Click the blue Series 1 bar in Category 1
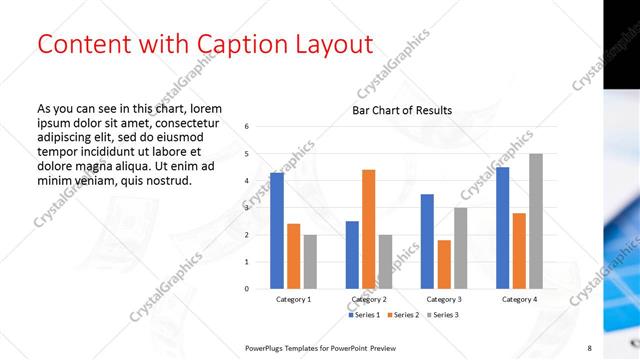click(x=277, y=231)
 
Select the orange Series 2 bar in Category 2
click(x=368, y=229)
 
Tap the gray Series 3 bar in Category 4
click(x=536, y=221)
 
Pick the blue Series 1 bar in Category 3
click(x=427, y=241)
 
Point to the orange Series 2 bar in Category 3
click(x=443, y=264)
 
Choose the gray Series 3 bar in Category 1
click(x=310, y=261)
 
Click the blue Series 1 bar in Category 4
click(x=502, y=228)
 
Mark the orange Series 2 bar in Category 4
click(x=519, y=250)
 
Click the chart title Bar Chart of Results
click(x=401, y=110)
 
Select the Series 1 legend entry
click(x=364, y=315)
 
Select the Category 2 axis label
click(x=369, y=299)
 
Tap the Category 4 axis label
click(x=519, y=299)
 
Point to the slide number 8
click(x=590, y=347)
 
